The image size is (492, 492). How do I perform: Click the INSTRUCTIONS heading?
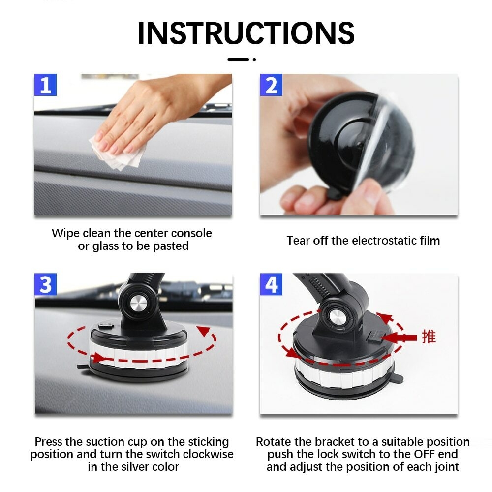coord(246,33)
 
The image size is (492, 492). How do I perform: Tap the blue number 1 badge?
coord(45,85)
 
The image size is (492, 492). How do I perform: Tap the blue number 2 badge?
coord(271,85)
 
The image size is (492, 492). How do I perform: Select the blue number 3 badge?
coord(45,285)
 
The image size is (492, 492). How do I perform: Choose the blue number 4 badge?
coord(271,285)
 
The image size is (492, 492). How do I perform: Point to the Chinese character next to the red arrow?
coord(429,337)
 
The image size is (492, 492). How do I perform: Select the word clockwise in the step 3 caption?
coord(206,454)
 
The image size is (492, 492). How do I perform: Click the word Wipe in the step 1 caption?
coord(65,233)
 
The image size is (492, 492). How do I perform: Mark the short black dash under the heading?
coord(239,60)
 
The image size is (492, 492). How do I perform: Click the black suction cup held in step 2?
coord(344,140)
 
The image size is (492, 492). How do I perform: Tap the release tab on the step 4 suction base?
coord(398,379)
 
